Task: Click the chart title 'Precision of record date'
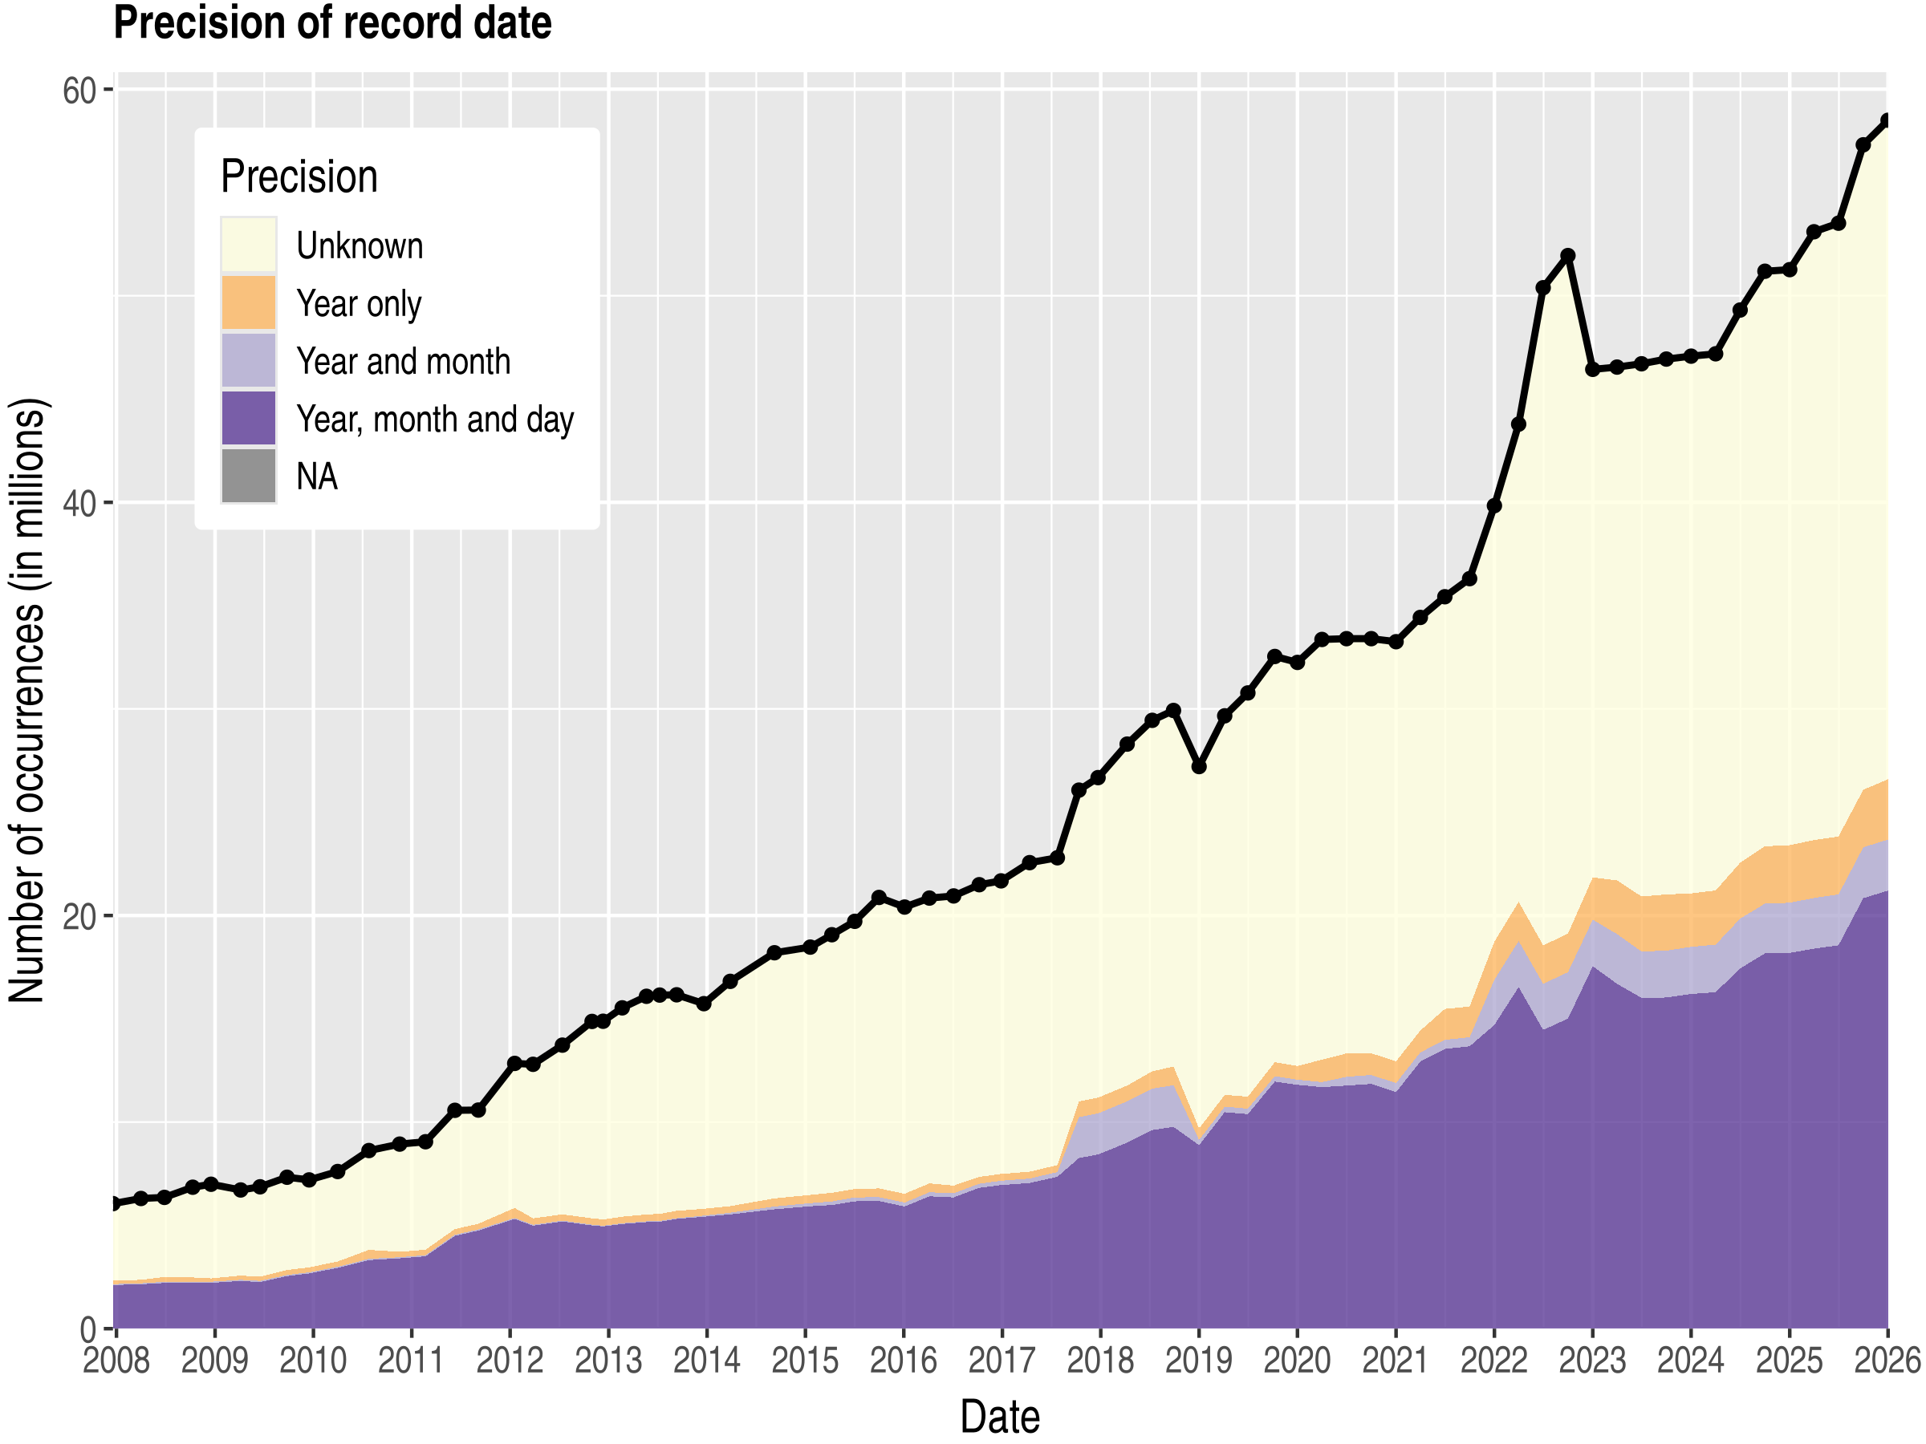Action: [x=331, y=22]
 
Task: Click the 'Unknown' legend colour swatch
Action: [x=248, y=245]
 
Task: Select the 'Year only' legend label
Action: [x=359, y=304]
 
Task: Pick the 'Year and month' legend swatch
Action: [x=248, y=360]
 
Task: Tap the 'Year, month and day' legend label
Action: [x=434, y=420]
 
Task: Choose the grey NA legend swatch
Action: [x=248, y=476]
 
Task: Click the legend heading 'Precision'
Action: [x=299, y=176]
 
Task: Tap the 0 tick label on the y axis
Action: [x=87, y=1330]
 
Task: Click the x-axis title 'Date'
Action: [x=1000, y=1417]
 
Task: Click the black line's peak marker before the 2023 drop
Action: [x=1567, y=256]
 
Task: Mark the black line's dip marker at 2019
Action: [x=1199, y=767]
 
